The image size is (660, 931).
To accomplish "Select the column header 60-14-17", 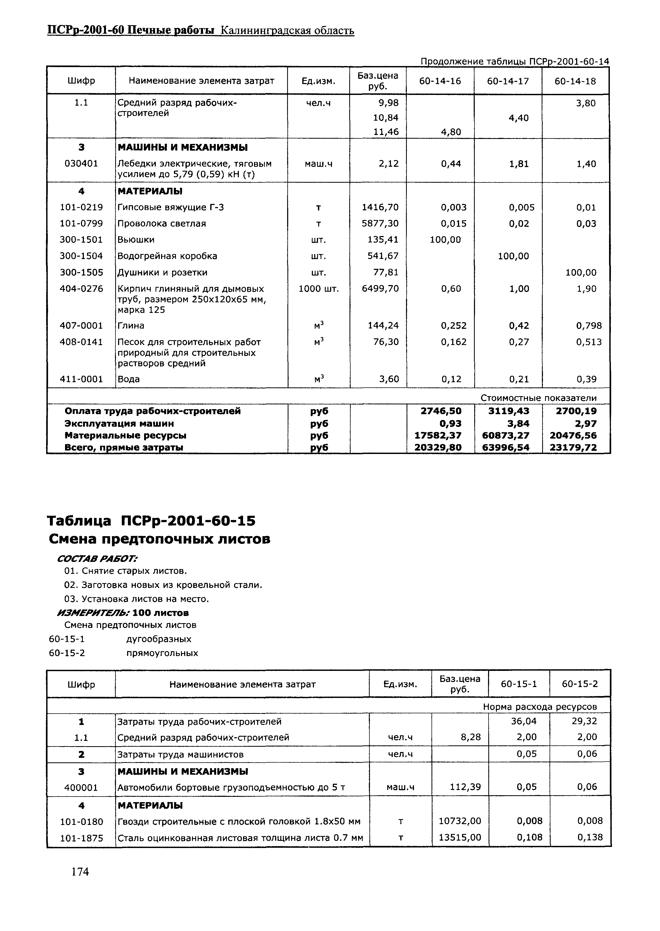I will click(x=508, y=81).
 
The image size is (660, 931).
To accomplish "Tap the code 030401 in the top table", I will click(x=81, y=164).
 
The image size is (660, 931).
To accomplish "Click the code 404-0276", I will click(x=81, y=289).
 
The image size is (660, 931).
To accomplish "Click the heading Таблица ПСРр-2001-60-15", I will click(x=151, y=521).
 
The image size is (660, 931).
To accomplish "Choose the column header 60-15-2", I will click(x=580, y=684).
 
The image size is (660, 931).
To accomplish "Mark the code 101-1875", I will click(x=81, y=838).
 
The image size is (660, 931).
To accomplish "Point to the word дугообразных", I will click(x=158, y=639).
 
